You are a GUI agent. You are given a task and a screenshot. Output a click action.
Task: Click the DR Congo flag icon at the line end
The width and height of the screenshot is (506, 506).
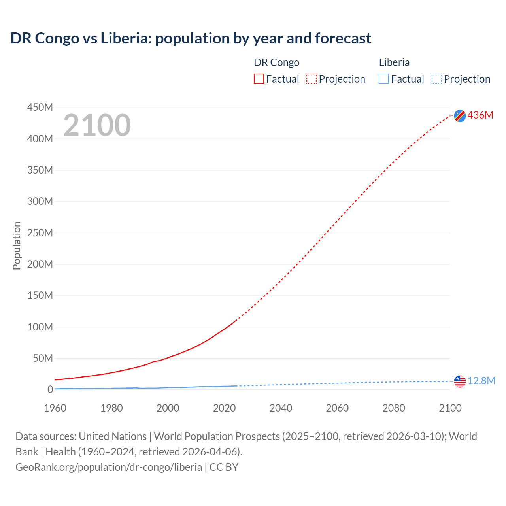[460, 115]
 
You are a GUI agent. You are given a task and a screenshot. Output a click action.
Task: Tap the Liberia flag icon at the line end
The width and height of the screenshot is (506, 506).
[460, 381]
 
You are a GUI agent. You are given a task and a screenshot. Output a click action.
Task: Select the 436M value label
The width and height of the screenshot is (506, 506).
[480, 115]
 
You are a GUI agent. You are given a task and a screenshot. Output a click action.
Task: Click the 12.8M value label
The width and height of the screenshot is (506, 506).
[481, 381]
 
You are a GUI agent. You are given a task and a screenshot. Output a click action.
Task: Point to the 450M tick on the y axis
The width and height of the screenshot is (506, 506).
[40, 107]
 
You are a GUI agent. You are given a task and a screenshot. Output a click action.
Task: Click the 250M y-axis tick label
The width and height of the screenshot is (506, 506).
[40, 233]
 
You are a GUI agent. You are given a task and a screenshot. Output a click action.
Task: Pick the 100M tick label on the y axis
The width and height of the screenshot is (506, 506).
[40, 327]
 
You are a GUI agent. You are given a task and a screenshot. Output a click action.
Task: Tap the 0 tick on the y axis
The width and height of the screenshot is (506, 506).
[50, 389]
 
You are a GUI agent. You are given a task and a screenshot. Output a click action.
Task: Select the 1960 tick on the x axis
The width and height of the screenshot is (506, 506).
[55, 408]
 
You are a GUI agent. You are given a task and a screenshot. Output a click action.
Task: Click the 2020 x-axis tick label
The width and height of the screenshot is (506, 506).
[224, 408]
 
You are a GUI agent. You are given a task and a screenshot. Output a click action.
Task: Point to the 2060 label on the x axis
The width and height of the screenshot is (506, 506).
[337, 408]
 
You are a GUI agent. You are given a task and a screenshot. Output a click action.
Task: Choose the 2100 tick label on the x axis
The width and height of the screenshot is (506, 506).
[450, 408]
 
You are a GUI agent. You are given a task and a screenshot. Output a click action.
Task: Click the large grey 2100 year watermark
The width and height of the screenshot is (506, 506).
[97, 125]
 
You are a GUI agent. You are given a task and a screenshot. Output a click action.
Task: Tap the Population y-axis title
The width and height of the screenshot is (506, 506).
[17, 245]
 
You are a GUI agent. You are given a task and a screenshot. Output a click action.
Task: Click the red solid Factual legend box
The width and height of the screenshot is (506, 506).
[259, 79]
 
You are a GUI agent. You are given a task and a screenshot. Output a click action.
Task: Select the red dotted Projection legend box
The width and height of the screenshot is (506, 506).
[312, 79]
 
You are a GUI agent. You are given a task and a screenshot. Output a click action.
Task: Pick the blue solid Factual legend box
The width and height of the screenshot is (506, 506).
[384, 79]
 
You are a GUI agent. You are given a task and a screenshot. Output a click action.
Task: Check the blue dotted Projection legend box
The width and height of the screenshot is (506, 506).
[437, 79]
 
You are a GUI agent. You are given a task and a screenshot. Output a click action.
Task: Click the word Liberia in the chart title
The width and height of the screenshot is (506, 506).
[125, 38]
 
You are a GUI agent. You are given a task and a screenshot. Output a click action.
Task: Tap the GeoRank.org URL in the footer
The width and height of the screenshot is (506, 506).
[109, 467]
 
